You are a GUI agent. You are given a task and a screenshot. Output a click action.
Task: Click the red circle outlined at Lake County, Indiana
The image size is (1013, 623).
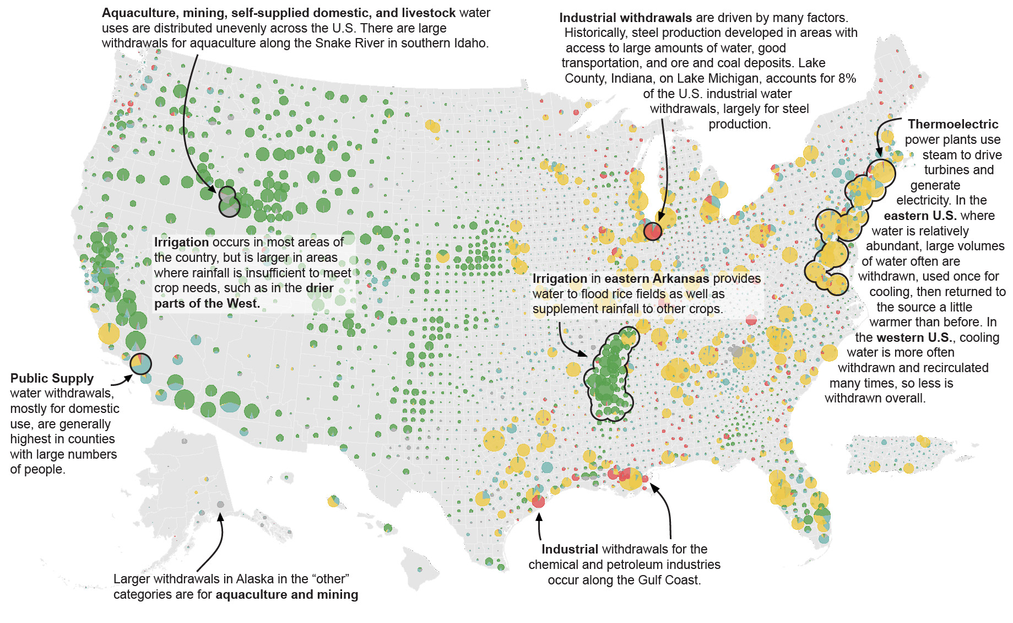[653, 231]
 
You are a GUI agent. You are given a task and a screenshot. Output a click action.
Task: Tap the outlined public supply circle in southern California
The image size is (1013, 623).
[140, 364]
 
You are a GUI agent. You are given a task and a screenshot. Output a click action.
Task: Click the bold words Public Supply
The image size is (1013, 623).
[52, 378]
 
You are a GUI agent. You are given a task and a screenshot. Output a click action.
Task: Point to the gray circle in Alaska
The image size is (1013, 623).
[220, 504]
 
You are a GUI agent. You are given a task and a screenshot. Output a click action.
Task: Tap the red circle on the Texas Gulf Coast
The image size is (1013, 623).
[538, 501]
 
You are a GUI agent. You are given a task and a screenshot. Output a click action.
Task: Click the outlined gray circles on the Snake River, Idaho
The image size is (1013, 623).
[229, 201]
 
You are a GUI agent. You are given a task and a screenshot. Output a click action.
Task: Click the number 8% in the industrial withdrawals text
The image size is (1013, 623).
[847, 78]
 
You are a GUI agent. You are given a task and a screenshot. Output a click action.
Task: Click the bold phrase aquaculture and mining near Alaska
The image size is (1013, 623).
[286, 594]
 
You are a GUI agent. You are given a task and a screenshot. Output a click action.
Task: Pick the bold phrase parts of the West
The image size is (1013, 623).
[207, 303]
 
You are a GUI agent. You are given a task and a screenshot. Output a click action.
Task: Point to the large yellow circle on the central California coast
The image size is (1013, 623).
[109, 333]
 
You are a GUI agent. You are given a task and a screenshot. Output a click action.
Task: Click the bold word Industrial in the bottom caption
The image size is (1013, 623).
[570, 549]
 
